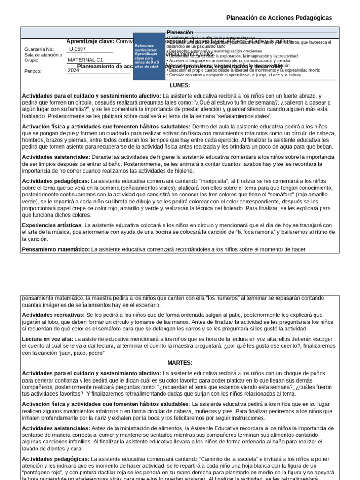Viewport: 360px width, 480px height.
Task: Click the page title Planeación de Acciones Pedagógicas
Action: tap(279, 18)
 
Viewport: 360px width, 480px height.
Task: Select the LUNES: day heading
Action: tap(180, 85)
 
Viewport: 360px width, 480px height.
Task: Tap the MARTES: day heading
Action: tap(180, 363)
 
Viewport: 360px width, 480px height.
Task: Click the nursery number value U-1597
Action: tap(77, 49)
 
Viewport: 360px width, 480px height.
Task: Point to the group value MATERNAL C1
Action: tap(85, 60)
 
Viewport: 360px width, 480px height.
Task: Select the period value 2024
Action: tap(74, 70)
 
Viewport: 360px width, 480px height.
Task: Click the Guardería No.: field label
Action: tap(39, 49)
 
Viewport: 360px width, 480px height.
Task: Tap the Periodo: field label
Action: tap(33, 71)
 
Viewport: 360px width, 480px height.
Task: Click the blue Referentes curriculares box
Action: tap(149, 56)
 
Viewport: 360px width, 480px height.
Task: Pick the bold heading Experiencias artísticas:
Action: tap(52, 225)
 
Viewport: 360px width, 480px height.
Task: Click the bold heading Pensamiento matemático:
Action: tap(56, 249)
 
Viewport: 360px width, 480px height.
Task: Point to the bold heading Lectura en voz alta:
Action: tap(48, 339)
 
